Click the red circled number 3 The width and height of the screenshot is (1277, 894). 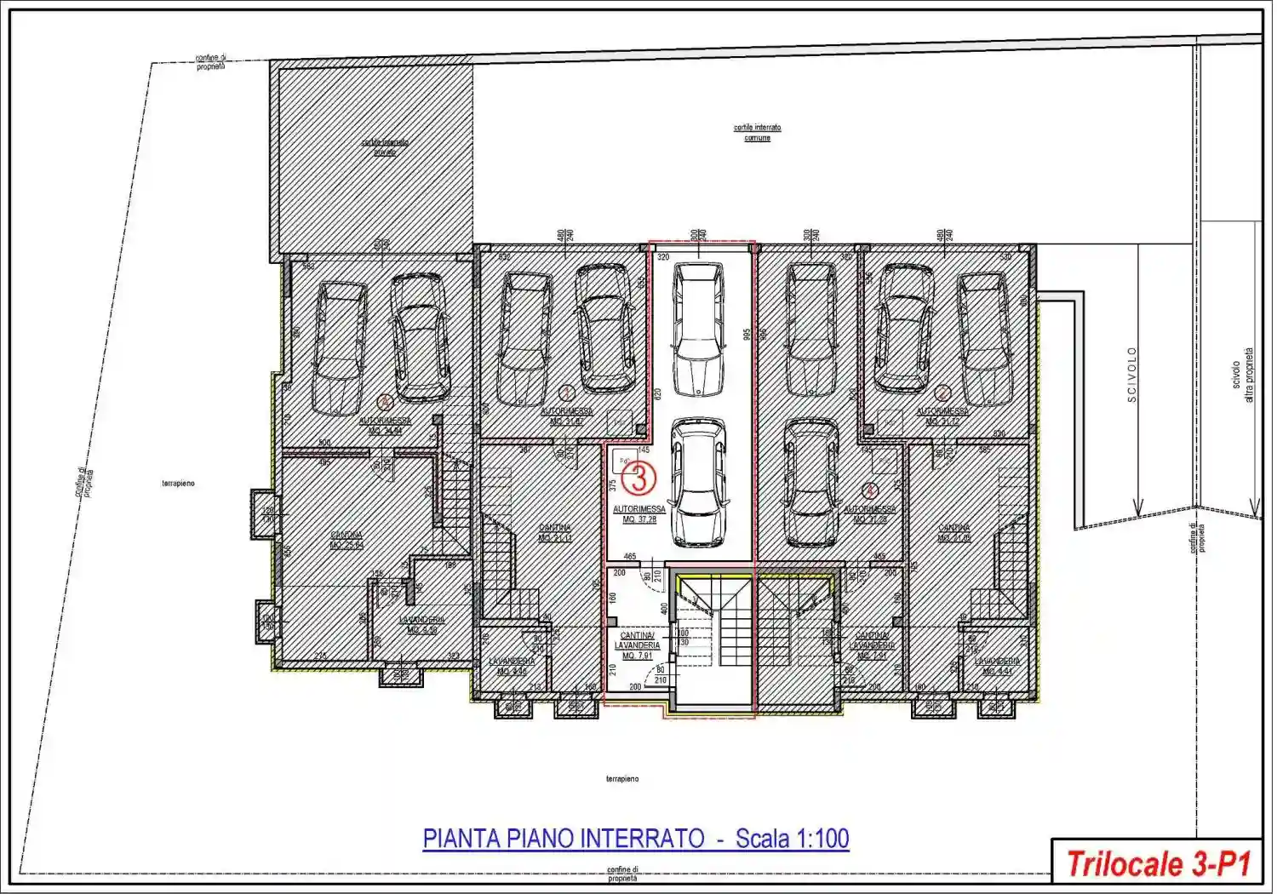(638, 478)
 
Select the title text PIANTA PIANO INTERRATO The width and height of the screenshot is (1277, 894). (564, 839)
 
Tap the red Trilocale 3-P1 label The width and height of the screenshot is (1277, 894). (1157, 864)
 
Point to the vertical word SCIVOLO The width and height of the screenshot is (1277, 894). (1131, 374)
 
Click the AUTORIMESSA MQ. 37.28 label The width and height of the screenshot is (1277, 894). (639, 514)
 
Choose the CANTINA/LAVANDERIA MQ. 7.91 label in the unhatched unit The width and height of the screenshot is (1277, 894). (637, 645)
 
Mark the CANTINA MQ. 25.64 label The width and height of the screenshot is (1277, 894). (346, 540)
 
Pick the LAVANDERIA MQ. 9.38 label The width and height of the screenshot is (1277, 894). (421, 625)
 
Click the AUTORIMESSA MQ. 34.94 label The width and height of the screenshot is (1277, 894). (385, 426)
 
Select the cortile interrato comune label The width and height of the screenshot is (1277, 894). (757, 132)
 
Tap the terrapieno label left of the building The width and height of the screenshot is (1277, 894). (178, 483)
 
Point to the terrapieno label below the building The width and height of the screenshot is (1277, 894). (622, 778)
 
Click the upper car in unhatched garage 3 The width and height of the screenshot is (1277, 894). (699, 328)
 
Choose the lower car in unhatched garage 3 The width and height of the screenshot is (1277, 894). (698, 481)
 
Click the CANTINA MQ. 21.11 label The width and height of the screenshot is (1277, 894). (554, 533)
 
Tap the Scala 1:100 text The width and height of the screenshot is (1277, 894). (792, 839)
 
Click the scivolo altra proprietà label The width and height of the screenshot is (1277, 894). (1242, 375)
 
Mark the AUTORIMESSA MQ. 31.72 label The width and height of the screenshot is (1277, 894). (942, 416)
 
